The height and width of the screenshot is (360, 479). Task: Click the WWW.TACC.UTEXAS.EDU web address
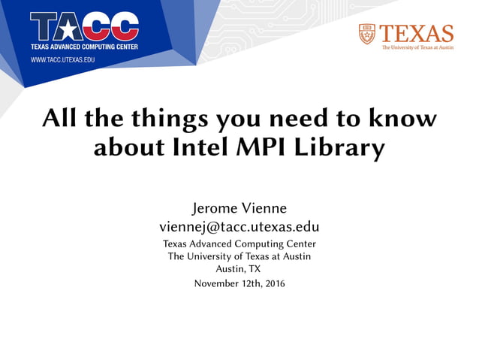[62, 58]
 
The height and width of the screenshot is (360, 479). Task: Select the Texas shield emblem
[366, 35]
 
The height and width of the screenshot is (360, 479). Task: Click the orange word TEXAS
[417, 33]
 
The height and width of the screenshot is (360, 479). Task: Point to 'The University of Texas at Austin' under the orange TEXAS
[417, 47]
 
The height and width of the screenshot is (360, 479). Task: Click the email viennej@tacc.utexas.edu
[239, 226]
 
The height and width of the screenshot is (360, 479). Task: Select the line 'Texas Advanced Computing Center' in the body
[239, 244]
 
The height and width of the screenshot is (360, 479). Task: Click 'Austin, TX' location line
[239, 268]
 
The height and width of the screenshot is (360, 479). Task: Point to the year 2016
[273, 283]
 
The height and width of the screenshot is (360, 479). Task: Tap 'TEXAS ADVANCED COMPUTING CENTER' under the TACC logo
[84, 47]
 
